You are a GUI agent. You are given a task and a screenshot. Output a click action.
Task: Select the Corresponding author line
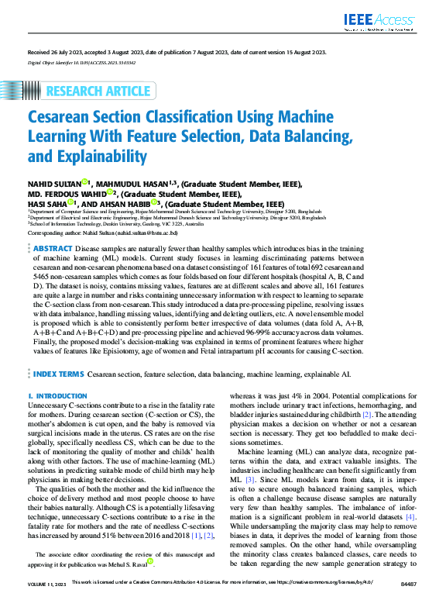coord(103,232)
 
